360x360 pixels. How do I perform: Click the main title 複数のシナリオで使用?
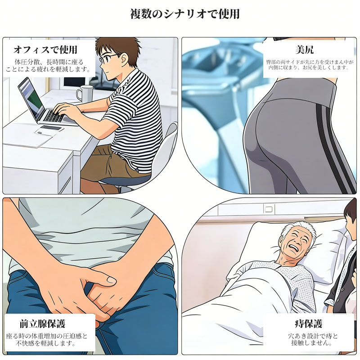[185, 14]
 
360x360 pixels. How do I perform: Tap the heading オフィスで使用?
[45, 49]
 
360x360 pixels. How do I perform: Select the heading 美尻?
[305, 49]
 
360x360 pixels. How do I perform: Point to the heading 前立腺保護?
[42, 324]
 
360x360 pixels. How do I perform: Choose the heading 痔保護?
[308, 324]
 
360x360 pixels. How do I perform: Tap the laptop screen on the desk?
[31, 98]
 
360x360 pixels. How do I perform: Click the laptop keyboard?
[54, 116]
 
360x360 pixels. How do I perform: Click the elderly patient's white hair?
[298, 229]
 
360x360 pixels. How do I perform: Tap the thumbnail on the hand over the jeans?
[112, 279]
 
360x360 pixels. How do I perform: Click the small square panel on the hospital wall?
[268, 209]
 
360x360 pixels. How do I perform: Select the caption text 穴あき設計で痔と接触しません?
[313, 340]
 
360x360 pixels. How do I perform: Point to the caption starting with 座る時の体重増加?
[47, 340]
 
